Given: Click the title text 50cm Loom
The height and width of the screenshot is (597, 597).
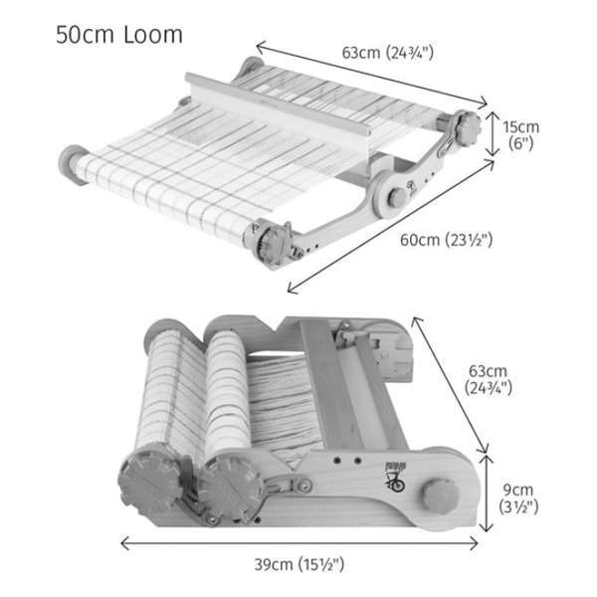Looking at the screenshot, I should click(119, 34).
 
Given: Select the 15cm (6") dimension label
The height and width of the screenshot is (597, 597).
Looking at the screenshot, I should click(520, 134).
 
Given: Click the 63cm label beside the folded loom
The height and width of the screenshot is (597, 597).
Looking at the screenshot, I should click(489, 379).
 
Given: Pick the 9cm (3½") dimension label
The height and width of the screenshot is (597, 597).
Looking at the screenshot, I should click(518, 497).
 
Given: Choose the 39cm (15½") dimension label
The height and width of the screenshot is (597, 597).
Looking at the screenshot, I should click(298, 565).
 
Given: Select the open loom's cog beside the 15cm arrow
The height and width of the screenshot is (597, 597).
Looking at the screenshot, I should click(466, 128).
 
